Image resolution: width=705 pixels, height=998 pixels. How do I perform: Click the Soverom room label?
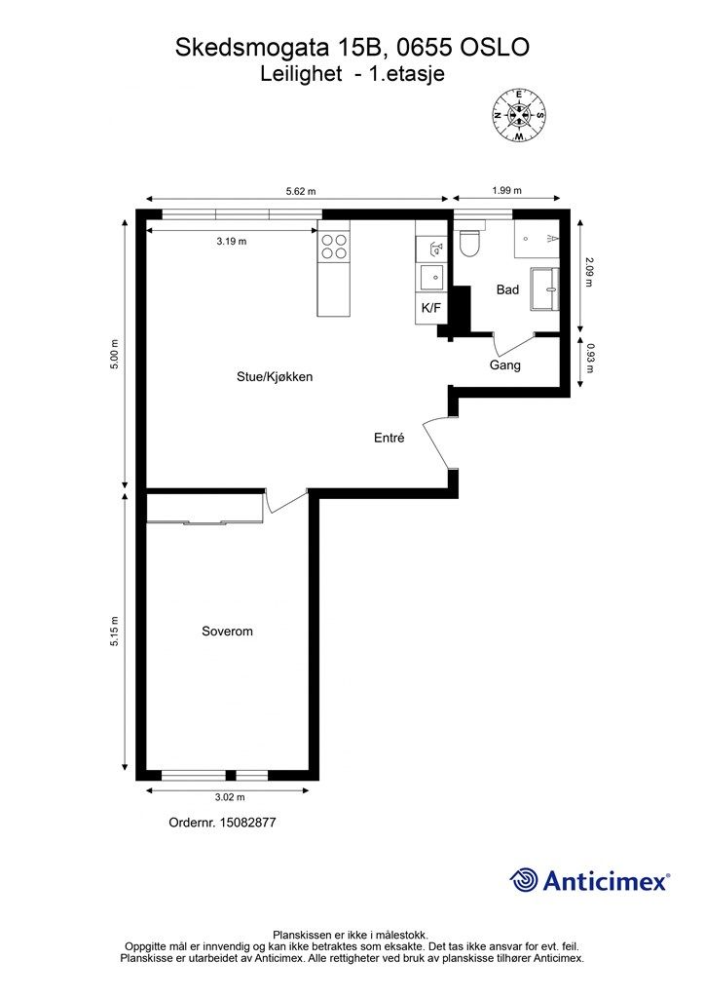click(x=227, y=632)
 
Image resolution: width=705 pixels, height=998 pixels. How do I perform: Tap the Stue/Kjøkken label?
click(x=275, y=377)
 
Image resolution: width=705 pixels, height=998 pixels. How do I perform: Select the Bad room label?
click(x=507, y=289)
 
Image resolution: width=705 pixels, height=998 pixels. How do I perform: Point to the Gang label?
click(x=504, y=365)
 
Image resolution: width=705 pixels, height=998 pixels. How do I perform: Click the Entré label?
click(x=390, y=438)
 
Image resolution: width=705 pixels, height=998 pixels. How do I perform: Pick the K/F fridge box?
click(x=431, y=308)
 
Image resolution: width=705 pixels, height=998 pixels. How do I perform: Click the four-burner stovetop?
click(x=334, y=247)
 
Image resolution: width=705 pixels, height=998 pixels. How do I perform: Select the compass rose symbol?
click(x=519, y=115)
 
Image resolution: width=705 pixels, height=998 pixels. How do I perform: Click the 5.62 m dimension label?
click(x=301, y=191)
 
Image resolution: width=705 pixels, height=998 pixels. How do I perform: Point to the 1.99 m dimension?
click(x=506, y=190)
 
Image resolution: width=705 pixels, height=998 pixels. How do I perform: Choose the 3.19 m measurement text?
click(x=232, y=242)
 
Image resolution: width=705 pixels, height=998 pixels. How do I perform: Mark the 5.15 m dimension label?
click(x=115, y=632)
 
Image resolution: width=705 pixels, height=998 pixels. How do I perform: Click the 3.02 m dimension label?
click(x=230, y=797)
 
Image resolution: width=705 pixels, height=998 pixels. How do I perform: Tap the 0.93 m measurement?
click(x=590, y=359)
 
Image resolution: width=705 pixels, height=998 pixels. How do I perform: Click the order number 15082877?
click(x=247, y=823)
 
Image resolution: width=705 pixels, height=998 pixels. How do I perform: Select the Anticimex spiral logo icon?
click(x=524, y=881)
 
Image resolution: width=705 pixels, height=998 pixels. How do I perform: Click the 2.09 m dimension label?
click(x=589, y=272)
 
